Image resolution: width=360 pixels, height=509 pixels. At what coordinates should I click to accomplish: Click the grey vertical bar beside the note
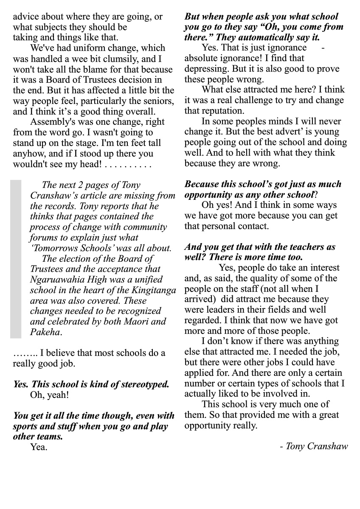click(16, 259)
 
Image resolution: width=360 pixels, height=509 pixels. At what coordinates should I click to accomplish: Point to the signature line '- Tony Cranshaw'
click(314, 446)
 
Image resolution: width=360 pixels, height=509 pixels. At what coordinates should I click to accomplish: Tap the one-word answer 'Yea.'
click(39, 447)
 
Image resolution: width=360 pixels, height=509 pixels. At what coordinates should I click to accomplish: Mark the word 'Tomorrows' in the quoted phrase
click(53, 248)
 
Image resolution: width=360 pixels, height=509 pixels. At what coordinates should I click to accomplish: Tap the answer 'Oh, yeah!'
click(49, 395)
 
